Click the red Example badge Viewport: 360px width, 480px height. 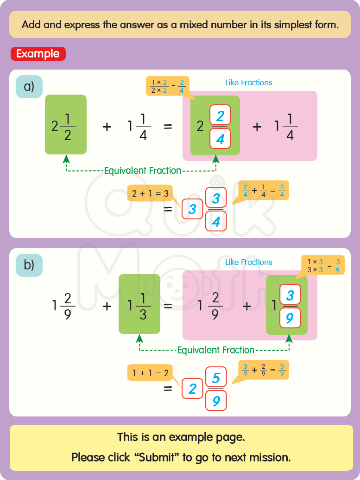point(38,54)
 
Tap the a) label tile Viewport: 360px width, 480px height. point(29,86)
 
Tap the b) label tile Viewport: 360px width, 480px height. point(29,265)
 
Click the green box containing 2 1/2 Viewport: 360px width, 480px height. point(65,124)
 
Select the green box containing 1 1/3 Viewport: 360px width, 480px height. point(139,304)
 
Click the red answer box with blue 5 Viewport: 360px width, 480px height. point(216,378)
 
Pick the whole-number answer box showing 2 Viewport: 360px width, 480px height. point(192,389)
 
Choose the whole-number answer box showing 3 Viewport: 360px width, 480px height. point(192,210)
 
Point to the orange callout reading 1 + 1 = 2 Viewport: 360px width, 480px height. point(150,372)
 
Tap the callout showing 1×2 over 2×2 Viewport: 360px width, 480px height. point(167,86)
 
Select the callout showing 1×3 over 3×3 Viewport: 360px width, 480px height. point(323,264)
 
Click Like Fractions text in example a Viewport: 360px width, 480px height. point(248,83)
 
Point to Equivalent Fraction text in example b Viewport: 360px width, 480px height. point(215,350)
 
